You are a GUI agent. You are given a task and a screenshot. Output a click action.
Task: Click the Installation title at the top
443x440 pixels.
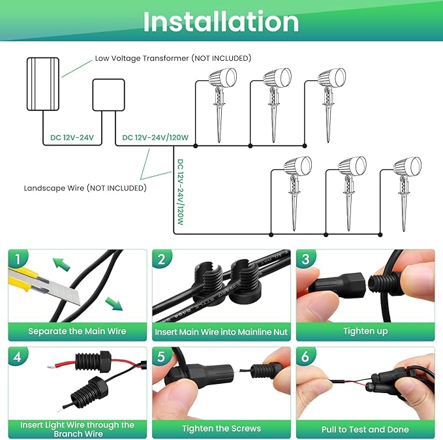coord(221,22)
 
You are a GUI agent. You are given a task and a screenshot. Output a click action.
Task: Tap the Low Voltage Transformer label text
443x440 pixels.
coord(172,58)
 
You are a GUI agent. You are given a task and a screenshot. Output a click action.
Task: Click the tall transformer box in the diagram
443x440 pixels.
coord(42,84)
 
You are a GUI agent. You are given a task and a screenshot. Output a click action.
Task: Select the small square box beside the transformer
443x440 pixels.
coord(107,95)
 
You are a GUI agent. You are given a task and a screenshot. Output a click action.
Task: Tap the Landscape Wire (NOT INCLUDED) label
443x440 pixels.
coord(85,188)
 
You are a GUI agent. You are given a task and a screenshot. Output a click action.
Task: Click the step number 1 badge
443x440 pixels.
coord(20,259)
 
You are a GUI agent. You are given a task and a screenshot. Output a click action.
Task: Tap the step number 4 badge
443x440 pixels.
coord(20,357)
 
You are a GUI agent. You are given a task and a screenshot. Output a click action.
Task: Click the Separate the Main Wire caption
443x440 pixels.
coord(77,331)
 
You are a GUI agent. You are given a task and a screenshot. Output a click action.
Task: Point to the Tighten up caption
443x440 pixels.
coord(365,331)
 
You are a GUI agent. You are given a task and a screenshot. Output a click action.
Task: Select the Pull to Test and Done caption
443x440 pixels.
coord(365,429)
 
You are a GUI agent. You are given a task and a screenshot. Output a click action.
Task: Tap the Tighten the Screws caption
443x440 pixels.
coord(222,429)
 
